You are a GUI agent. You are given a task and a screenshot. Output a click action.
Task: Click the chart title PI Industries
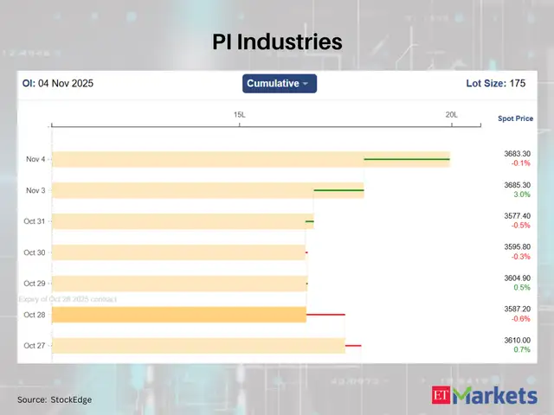coord(277,41)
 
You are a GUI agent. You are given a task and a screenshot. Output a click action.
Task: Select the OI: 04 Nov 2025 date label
coord(57,84)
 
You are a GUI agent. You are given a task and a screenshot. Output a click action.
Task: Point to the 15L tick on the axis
coord(240,115)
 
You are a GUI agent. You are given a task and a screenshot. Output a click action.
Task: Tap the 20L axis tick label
coord(451,115)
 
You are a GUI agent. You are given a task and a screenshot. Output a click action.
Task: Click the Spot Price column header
coord(515,118)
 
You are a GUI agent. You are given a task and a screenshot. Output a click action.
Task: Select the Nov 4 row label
coord(35,159)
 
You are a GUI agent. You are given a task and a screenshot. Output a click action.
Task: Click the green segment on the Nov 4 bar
coord(406,159)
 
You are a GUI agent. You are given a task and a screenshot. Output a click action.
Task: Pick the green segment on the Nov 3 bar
coord(338,190)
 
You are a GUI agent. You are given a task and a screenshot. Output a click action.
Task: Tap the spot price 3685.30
coord(518,185)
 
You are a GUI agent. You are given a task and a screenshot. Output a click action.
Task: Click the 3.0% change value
coord(521,195)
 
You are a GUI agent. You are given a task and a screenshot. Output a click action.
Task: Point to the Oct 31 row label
coord(35,221)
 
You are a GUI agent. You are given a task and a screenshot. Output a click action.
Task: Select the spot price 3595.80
coord(518,247)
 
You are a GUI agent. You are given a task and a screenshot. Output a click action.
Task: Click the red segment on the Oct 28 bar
coord(325,315)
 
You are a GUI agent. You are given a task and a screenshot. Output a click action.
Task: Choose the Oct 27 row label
coord(35,346)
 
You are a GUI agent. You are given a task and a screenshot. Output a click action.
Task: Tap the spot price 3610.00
coord(518,341)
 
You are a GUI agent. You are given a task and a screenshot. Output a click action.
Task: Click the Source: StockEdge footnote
coord(55,399)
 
